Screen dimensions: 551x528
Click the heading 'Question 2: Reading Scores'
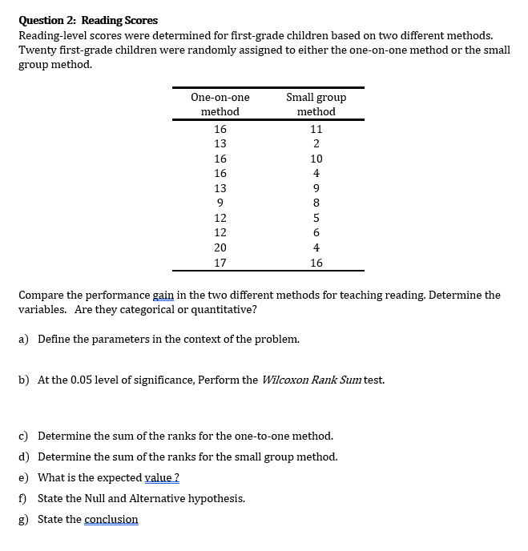point(88,20)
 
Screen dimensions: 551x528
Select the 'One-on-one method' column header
point(220,104)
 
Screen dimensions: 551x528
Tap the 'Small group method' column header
point(316,104)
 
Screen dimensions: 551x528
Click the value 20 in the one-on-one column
point(220,247)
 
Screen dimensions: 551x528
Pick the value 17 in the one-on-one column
point(220,263)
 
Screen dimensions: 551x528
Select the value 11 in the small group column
point(316,128)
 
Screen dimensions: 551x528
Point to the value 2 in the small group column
point(316,143)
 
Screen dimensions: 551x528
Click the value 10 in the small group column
point(316,159)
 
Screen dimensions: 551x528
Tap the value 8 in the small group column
point(316,203)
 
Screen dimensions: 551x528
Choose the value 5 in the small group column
point(316,218)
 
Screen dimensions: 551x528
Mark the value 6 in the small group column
point(316,233)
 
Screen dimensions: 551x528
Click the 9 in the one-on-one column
point(220,203)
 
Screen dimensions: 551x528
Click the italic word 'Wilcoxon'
point(284,380)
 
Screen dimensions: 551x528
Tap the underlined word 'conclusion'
point(111,519)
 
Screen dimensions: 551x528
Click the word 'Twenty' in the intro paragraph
point(36,50)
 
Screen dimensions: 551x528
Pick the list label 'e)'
point(24,477)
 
